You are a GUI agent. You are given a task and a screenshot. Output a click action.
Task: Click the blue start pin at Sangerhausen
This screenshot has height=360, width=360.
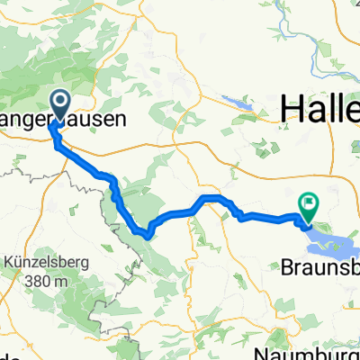[61, 107]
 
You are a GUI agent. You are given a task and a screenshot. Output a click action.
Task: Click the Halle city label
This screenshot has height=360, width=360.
[319, 110]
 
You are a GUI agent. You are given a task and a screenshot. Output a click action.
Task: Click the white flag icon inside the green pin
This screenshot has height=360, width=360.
[310, 204]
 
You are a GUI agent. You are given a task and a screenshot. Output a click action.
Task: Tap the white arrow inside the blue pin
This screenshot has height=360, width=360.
[61, 103]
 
